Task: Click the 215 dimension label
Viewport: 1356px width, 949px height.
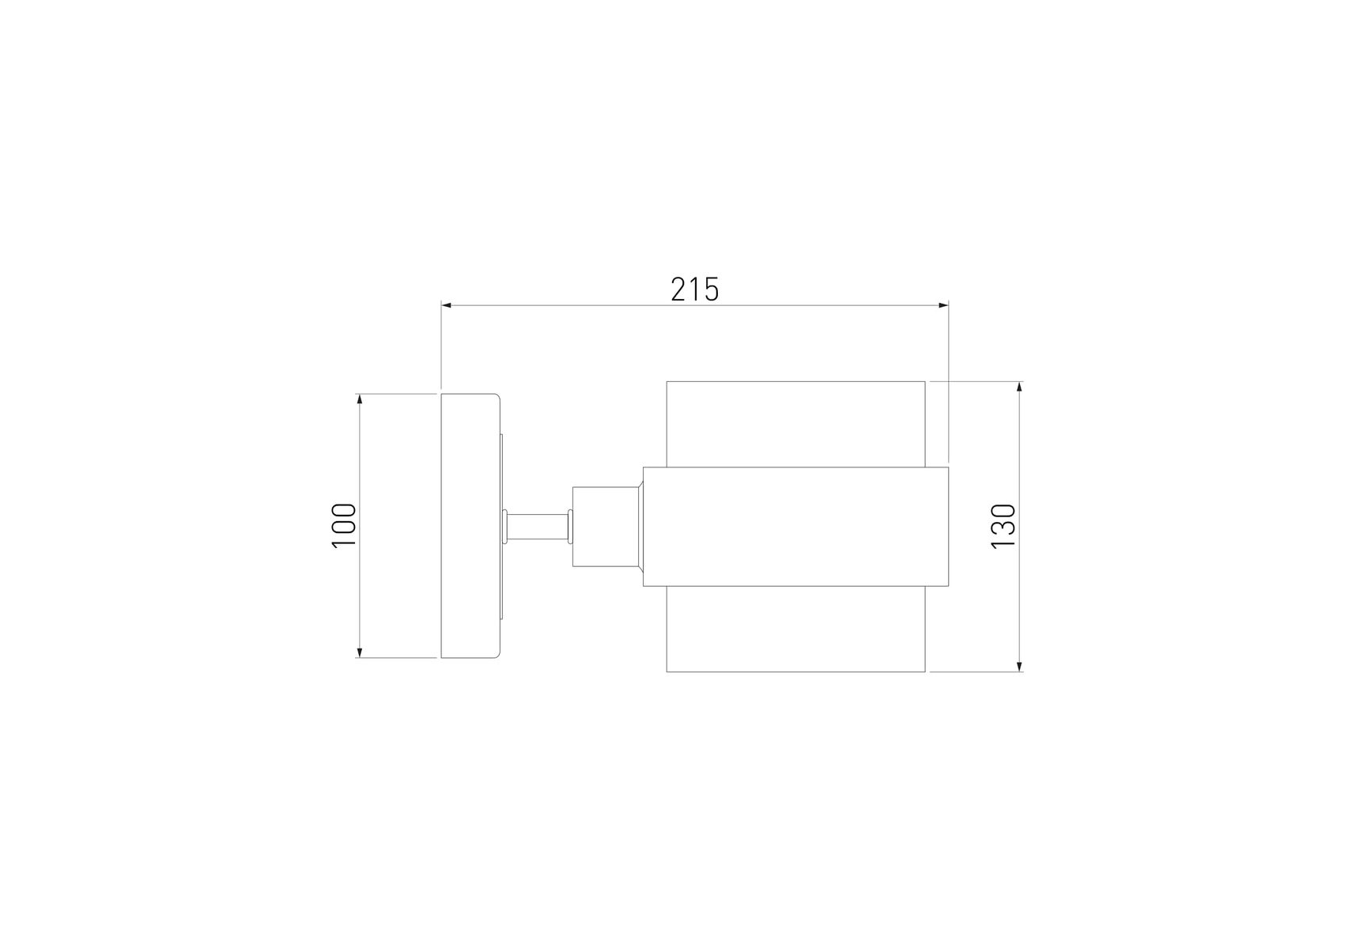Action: (x=695, y=290)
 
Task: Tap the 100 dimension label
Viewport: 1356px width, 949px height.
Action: (x=344, y=526)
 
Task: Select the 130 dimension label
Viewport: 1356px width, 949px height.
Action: (x=1003, y=526)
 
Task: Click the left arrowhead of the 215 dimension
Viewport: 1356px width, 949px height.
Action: (x=447, y=305)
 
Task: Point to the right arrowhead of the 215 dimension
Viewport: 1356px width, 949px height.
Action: (x=942, y=305)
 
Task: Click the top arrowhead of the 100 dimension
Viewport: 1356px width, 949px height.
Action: (x=360, y=399)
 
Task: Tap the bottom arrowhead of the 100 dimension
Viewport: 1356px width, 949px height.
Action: (x=360, y=652)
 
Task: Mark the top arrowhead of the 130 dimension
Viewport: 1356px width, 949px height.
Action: (x=1019, y=388)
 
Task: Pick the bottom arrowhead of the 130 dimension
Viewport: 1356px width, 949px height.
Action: (x=1019, y=666)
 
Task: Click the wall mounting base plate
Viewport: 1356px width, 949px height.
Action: (x=470, y=526)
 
